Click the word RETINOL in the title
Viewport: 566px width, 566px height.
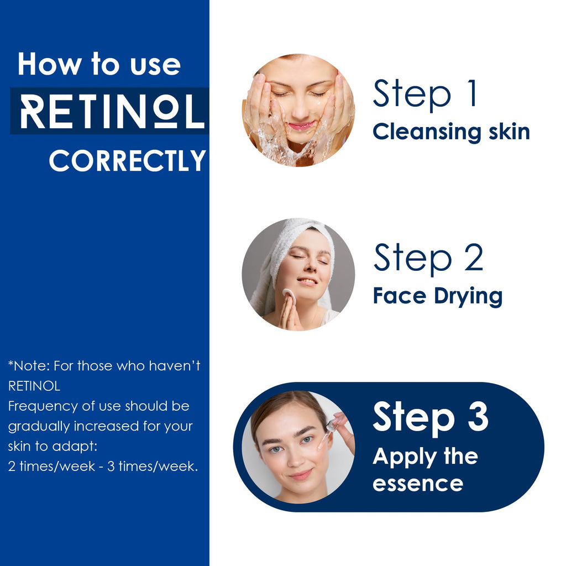(x=112, y=112)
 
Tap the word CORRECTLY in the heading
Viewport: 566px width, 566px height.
(x=128, y=161)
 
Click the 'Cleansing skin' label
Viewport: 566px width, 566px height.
(x=451, y=132)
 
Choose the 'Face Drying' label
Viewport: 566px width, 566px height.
(x=438, y=296)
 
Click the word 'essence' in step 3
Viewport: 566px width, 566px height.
(x=418, y=484)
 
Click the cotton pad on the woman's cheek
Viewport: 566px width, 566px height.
(x=289, y=296)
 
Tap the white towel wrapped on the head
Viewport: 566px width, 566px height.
(x=289, y=253)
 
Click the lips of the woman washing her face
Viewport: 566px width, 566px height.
(x=301, y=126)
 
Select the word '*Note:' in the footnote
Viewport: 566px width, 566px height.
(x=29, y=366)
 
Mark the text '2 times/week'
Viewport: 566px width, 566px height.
(x=51, y=467)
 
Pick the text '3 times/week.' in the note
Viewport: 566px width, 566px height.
(x=153, y=467)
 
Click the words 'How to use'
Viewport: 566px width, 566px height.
(x=99, y=64)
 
